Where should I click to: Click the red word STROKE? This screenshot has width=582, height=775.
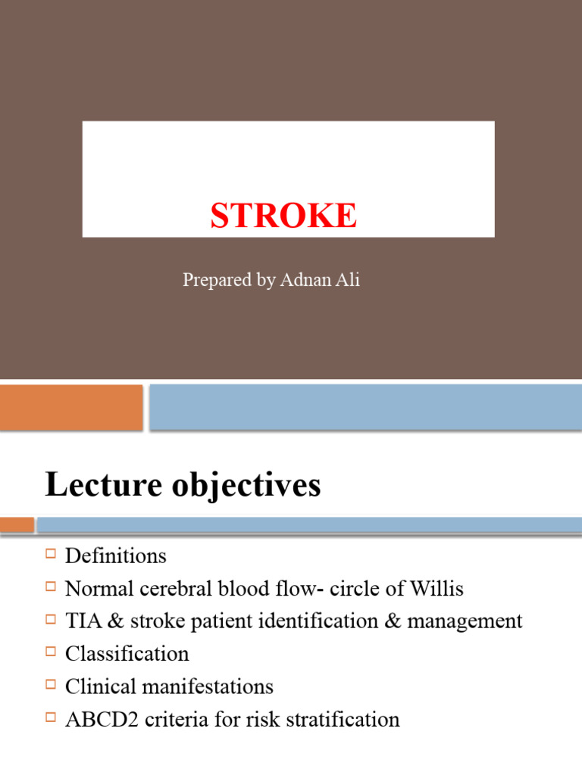(283, 216)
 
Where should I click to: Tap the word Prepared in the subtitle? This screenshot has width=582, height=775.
(217, 280)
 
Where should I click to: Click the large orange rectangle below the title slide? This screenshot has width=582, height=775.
(71, 406)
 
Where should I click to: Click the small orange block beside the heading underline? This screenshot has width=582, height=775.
(17, 524)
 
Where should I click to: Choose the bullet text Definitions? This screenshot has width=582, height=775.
(115, 556)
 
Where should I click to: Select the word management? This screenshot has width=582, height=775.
(465, 622)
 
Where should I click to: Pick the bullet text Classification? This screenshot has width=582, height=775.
(127, 654)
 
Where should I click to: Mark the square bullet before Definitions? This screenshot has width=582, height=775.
(52, 555)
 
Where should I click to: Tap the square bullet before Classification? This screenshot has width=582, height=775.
(52, 652)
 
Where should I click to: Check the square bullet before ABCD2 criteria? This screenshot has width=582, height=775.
(52, 717)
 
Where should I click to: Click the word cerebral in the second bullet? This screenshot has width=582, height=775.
(175, 589)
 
